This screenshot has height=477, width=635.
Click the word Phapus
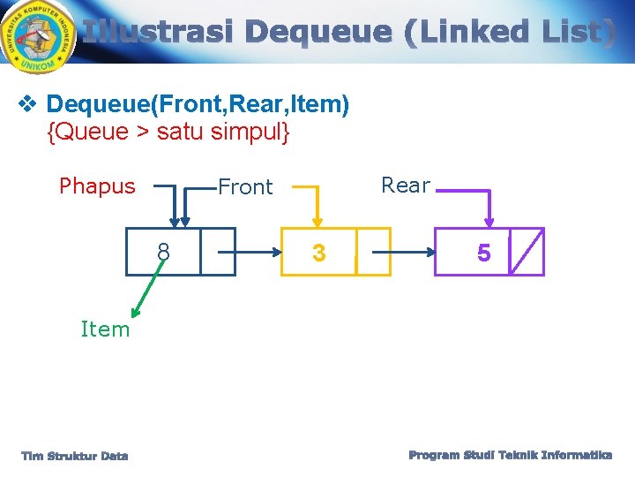tap(97, 186)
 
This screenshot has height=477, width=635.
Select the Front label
tap(245, 187)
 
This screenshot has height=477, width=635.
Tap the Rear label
tap(406, 185)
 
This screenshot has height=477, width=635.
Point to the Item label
tap(105, 329)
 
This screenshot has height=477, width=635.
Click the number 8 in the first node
tap(163, 254)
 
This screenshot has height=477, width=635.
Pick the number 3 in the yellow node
tap(318, 254)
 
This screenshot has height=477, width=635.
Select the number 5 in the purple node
tap(484, 254)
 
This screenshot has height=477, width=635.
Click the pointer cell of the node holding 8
tap(217, 252)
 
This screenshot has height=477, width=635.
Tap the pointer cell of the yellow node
tap(373, 252)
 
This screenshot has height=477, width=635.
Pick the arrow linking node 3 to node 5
tap(409, 251)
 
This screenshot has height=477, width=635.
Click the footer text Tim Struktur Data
tap(75, 456)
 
